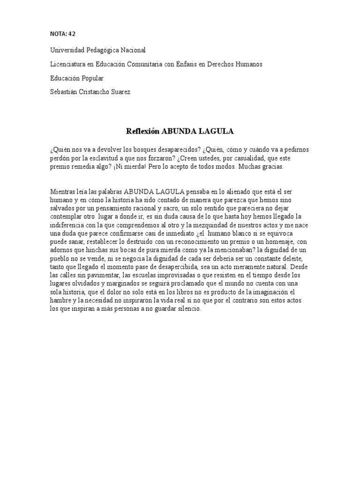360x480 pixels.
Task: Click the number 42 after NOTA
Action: click(x=71, y=33)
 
